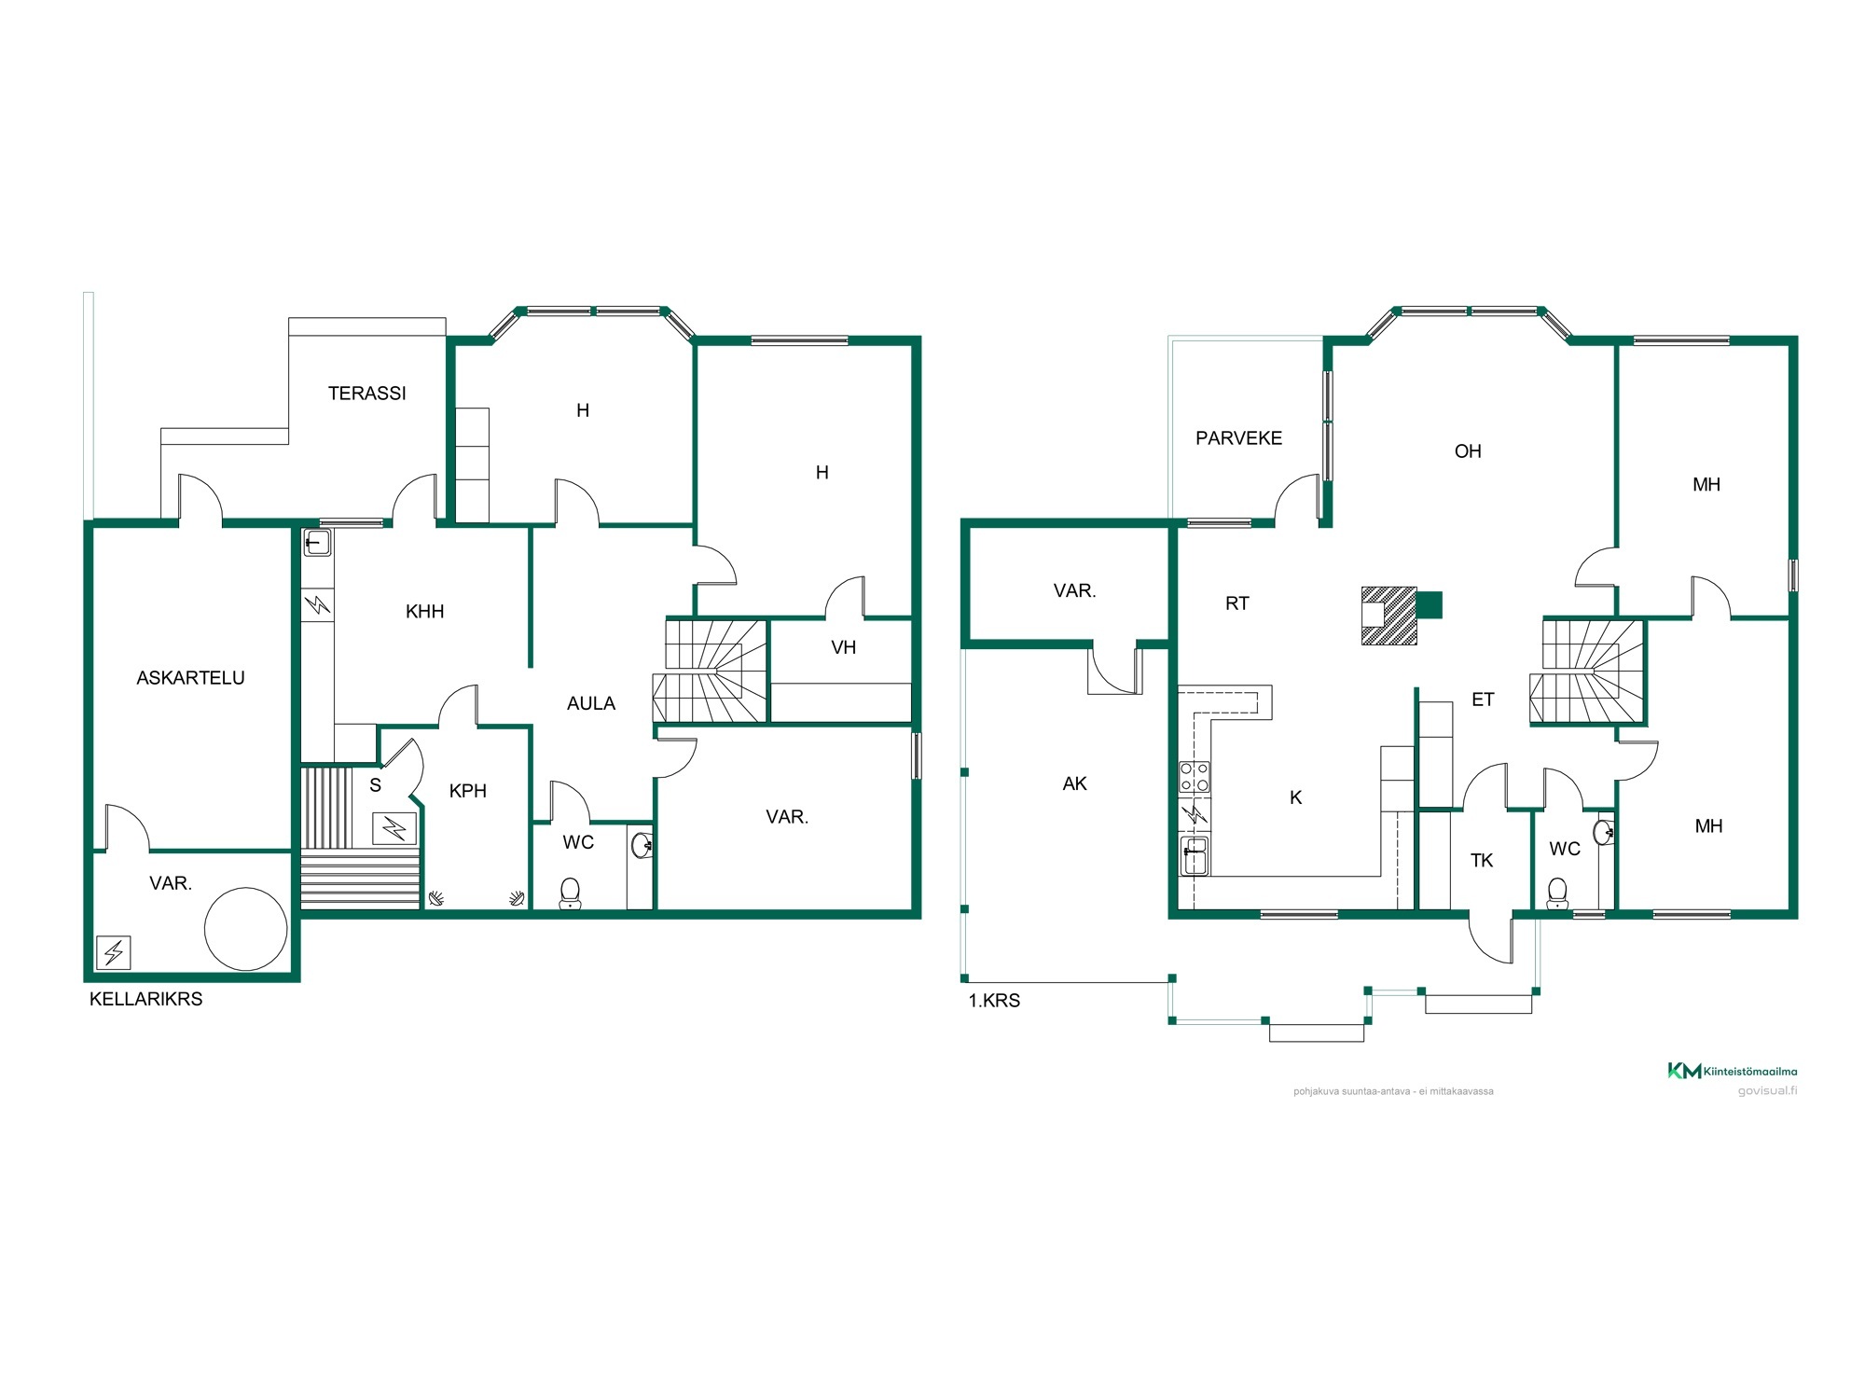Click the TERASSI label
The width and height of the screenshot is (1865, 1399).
pos(367,394)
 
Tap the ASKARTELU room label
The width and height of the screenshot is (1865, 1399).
pos(190,678)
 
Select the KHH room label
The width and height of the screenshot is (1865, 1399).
pos(424,612)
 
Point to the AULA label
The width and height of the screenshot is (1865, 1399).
pos(591,703)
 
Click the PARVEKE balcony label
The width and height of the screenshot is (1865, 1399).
pos(1238,438)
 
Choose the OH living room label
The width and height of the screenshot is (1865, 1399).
pos(1468,451)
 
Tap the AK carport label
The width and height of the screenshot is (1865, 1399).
pos(1074,783)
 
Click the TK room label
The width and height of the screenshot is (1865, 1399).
pos(1482,860)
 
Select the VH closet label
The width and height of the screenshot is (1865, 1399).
pos(843,647)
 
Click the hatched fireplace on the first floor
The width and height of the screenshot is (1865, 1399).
pos(1389,616)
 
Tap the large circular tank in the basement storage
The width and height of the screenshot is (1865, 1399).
pos(246,929)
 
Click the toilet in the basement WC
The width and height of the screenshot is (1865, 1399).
pos(570,893)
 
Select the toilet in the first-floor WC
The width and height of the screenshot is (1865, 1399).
pos(1557,893)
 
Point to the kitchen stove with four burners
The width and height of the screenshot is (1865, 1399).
pos(1195,777)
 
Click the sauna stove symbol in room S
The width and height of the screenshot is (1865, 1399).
pos(395,827)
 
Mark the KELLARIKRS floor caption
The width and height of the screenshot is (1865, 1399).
pos(146,999)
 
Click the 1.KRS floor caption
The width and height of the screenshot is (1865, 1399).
pos(994,1001)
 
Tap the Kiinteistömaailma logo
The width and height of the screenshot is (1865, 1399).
pos(1732,1071)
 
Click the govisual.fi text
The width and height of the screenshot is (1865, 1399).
pos(1767,1090)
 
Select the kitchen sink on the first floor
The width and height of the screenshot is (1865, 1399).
pos(1195,856)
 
